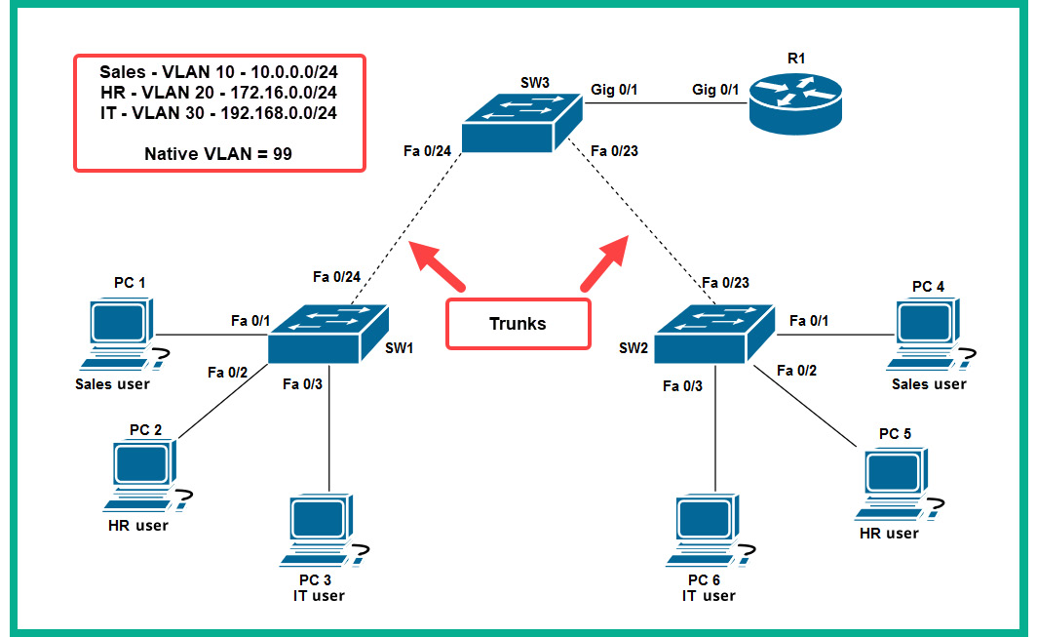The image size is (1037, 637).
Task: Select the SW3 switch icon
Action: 521,124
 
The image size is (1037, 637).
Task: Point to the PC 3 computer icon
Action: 322,533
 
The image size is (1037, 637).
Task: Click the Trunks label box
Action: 518,324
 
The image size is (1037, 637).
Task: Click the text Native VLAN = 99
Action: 218,153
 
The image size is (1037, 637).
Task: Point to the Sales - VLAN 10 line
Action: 218,71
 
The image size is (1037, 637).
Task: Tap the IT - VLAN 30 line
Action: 218,112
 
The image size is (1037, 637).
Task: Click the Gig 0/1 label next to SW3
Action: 614,90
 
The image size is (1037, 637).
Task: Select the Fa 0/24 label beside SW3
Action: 427,150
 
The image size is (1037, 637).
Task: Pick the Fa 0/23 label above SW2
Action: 726,283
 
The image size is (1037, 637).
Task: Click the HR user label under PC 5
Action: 888,534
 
